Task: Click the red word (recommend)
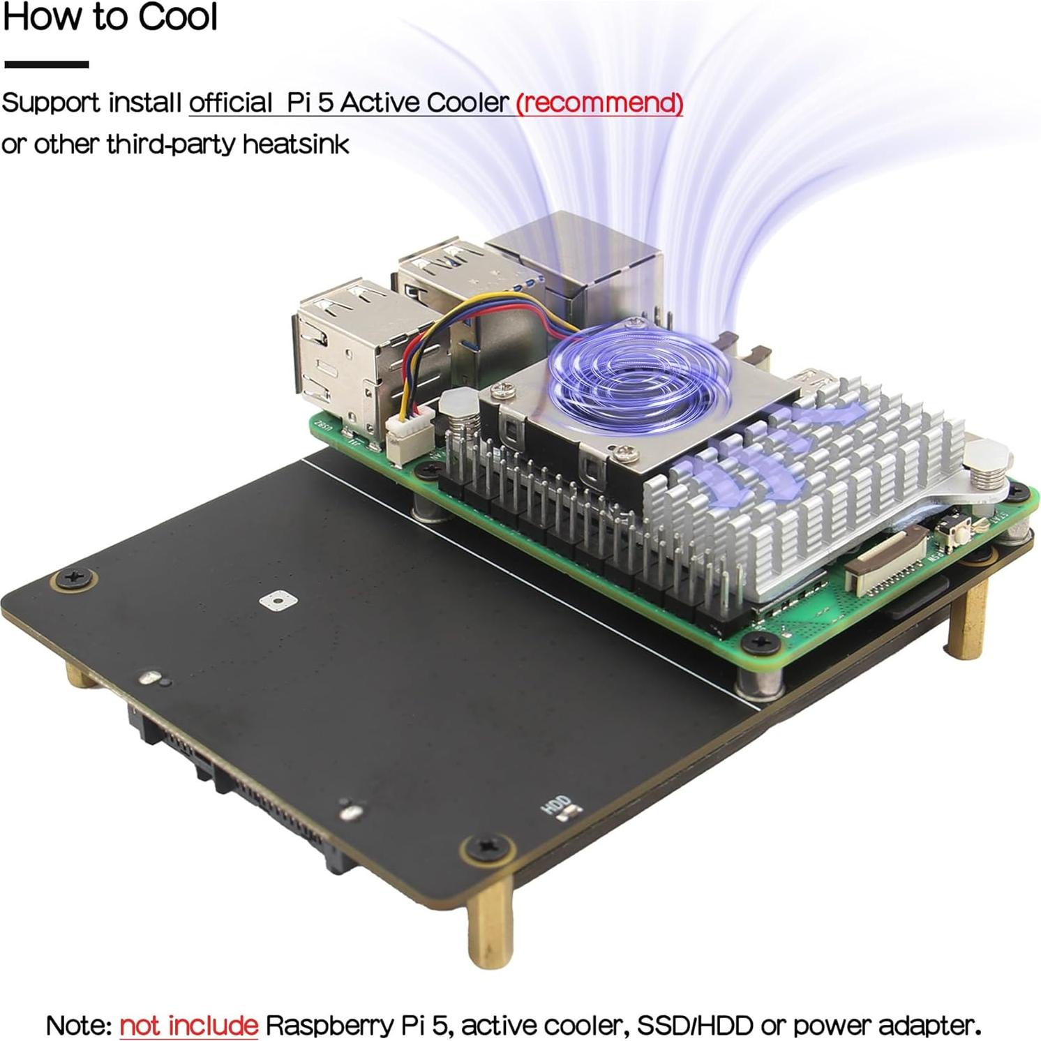tap(599, 103)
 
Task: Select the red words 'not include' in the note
tap(188, 1025)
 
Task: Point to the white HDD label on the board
tap(558, 806)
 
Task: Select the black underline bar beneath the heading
tap(46, 64)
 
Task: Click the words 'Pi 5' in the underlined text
tap(310, 103)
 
